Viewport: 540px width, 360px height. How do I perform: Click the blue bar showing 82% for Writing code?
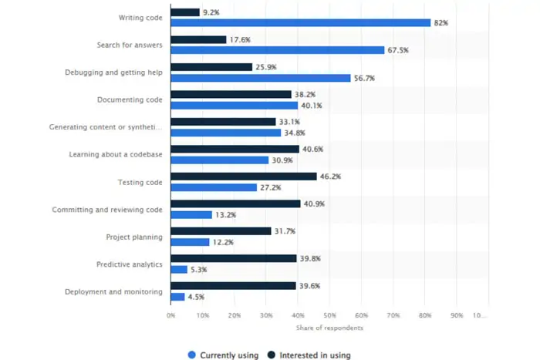point(300,23)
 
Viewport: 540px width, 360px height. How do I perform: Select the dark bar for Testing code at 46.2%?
point(243,177)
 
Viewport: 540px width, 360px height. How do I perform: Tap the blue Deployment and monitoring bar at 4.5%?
point(177,297)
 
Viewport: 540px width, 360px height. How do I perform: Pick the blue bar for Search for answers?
point(277,50)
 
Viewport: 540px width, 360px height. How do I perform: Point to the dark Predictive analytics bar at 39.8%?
point(233,258)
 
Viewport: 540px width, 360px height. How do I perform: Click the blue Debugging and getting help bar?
point(260,78)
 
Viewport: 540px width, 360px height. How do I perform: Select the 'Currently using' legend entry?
point(224,355)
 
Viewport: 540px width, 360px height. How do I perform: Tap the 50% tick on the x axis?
point(329,315)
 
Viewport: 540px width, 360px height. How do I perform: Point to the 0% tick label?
point(170,315)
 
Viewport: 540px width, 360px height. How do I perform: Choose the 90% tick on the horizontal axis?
point(456,315)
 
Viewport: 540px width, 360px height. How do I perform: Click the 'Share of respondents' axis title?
point(329,328)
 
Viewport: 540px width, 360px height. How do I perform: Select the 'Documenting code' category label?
point(130,100)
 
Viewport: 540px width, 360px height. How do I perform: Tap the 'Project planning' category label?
point(134,237)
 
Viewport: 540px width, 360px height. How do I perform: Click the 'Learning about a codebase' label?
point(115,155)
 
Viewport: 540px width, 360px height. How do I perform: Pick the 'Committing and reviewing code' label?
point(107,210)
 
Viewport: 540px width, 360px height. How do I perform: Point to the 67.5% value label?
point(398,50)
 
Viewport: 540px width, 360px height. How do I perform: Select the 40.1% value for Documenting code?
point(312,106)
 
